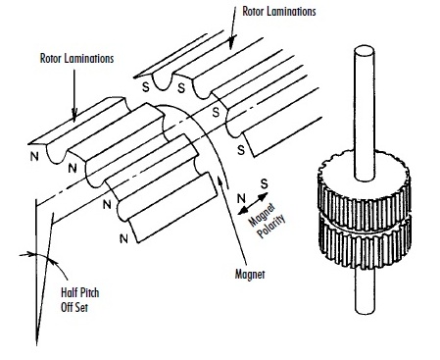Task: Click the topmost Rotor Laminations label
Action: tap(279, 12)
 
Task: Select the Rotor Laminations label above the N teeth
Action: tap(76, 59)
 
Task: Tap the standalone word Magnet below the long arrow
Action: tap(250, 274)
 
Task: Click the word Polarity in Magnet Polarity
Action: tap(270, 227)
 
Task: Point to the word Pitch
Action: tap(89, 292)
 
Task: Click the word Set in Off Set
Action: tap(81, 307)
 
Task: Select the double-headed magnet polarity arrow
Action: tap(253, 203)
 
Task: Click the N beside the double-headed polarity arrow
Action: tap(241, 198)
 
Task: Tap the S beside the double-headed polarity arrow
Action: tap(265, 184)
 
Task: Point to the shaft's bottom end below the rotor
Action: tap(365, 309)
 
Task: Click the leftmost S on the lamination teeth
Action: tap(146, 87)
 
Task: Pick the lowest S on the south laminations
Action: tap(241, 150)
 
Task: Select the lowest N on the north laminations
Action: tap(123, 238)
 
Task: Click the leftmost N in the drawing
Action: tap(34, 157)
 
